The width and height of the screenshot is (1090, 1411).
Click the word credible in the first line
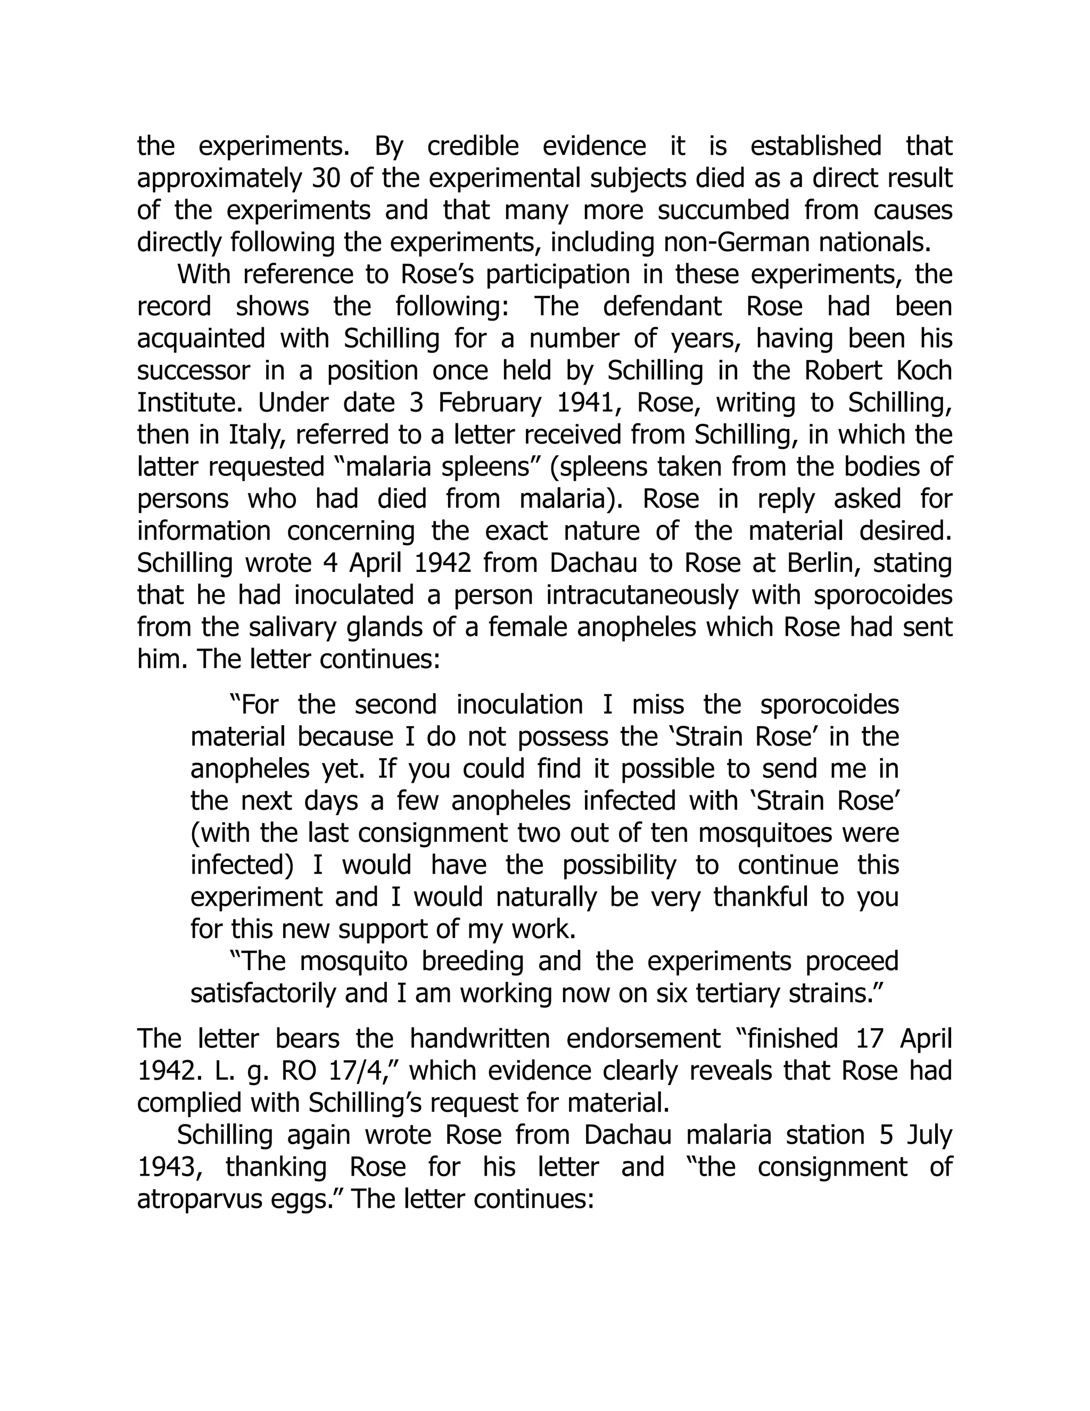point(473,146)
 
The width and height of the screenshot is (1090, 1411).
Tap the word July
point(929,1135)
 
